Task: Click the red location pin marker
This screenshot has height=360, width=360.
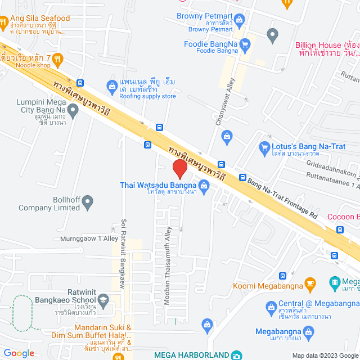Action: pos(179,168)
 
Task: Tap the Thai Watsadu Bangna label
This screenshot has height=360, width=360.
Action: pos(157,184)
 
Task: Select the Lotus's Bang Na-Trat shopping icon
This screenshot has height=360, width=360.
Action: pos(264,148)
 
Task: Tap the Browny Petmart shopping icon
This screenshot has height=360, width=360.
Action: pos(240,21)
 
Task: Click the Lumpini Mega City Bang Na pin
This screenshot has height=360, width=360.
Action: pos(73,107)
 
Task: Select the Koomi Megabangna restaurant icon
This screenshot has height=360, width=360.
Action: pos(309,283)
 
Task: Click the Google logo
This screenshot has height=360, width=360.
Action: pos(19,353)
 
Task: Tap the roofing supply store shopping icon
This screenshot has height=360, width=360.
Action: pos(111,85)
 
